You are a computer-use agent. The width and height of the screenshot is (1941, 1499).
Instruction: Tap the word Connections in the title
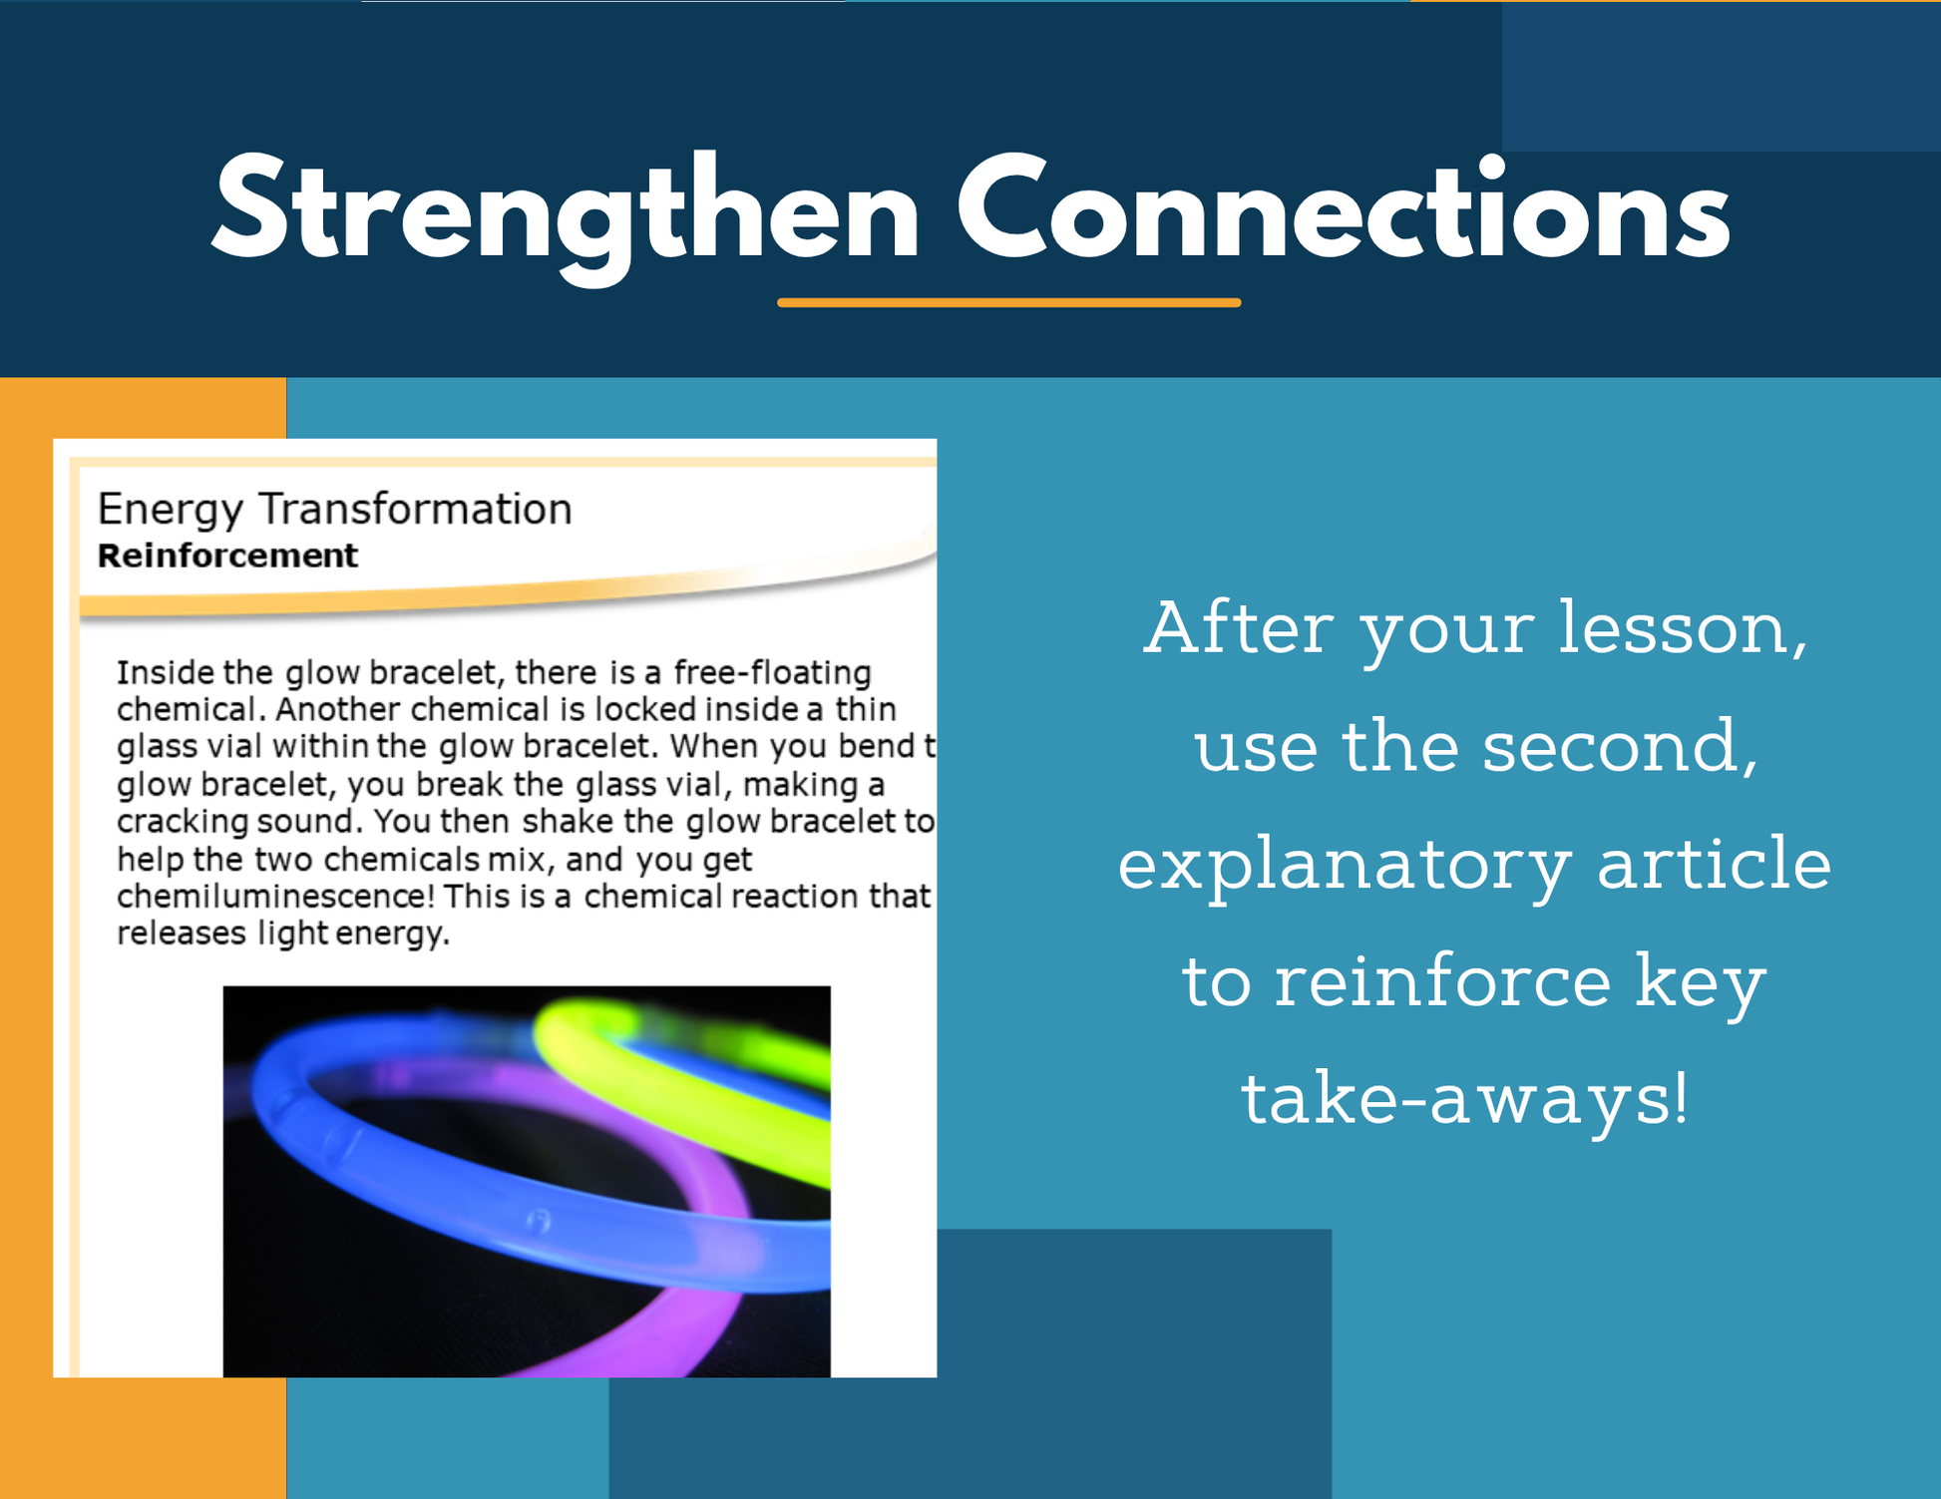[1343, 208]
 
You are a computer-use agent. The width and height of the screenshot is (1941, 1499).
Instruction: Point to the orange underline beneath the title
[1008, 302]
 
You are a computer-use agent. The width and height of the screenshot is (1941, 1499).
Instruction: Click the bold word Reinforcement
[227, 556]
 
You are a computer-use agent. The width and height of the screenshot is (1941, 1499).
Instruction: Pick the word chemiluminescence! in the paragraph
[275, 896]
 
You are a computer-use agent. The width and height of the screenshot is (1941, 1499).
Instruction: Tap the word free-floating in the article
[772, 672]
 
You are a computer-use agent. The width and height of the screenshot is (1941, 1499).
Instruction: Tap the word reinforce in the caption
[1442, 981]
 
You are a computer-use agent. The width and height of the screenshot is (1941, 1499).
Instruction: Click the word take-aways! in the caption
[1464, 1101]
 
